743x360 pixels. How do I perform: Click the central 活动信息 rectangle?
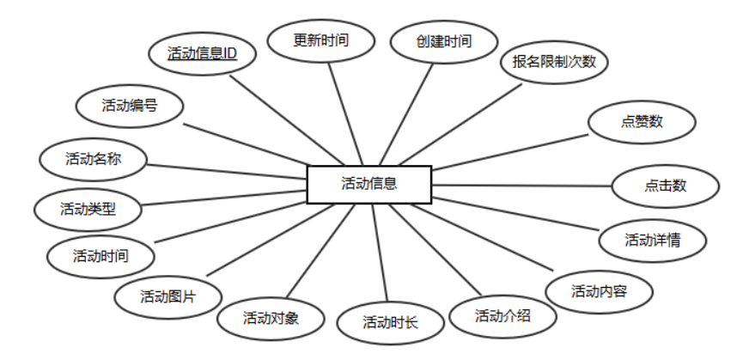coord(369,183)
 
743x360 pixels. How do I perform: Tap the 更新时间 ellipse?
coord(321,40)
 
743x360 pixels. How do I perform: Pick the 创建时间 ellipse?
coord(444,40)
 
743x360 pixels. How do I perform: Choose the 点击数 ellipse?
coord(665,186)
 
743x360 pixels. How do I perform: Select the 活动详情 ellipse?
coord(653,240)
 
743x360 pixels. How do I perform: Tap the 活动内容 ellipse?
coord(600,291)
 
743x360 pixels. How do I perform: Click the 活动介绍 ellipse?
coord(502,314)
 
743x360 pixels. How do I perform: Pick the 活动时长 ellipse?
coord(390,323)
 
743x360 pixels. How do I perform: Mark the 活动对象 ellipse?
coord(271,318)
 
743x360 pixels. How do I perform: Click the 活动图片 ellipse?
coord(168,297)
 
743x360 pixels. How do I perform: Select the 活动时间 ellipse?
coord(101,255)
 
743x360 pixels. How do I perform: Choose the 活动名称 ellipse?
coord(94,158)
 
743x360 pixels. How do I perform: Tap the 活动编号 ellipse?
coord(130,106)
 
